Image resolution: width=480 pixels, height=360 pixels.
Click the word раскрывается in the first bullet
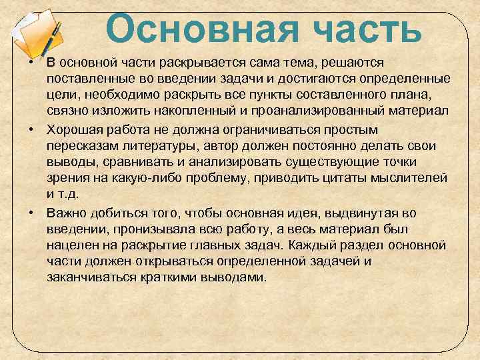click(x=184, y=63)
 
